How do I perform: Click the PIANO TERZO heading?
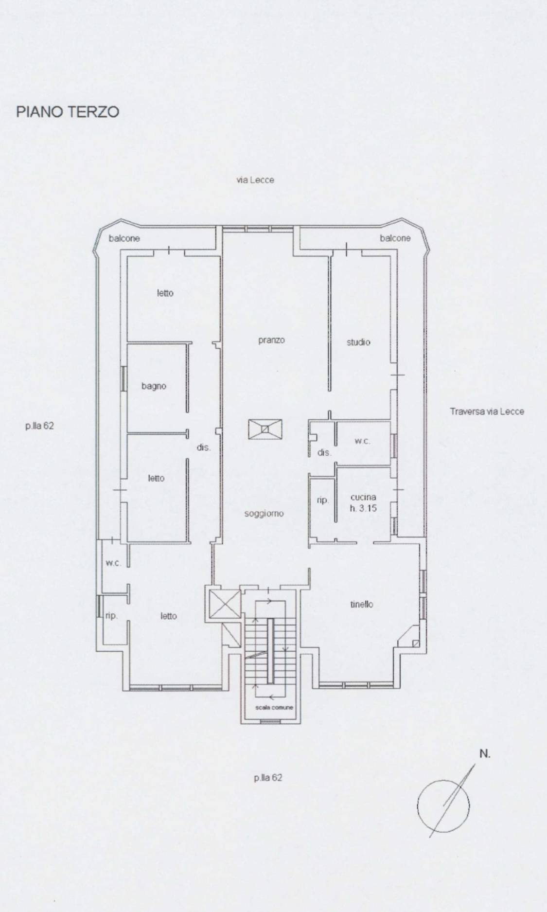pos(68,112)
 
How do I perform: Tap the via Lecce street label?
pos(255,180)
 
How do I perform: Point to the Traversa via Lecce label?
pos(487,411)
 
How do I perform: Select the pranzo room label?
pos(271,340)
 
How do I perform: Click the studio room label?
pos(358,342)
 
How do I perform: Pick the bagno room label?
pos(154,386)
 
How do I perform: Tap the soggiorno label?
pos(264,514)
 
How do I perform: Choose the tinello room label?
pos(362,605)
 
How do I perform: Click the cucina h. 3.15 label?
pos(363,502)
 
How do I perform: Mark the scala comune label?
pos(275,707)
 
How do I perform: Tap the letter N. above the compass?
pos(485,754)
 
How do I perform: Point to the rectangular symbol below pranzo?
pos(264,429)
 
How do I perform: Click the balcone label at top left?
pos(124,238)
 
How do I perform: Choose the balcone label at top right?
pos(395,238)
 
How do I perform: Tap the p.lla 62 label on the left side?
pos(40,426)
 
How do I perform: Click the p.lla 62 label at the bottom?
pos(268,778)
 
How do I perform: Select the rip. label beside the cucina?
pos(323,501)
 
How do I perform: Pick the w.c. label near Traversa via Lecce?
pos(363,442)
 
